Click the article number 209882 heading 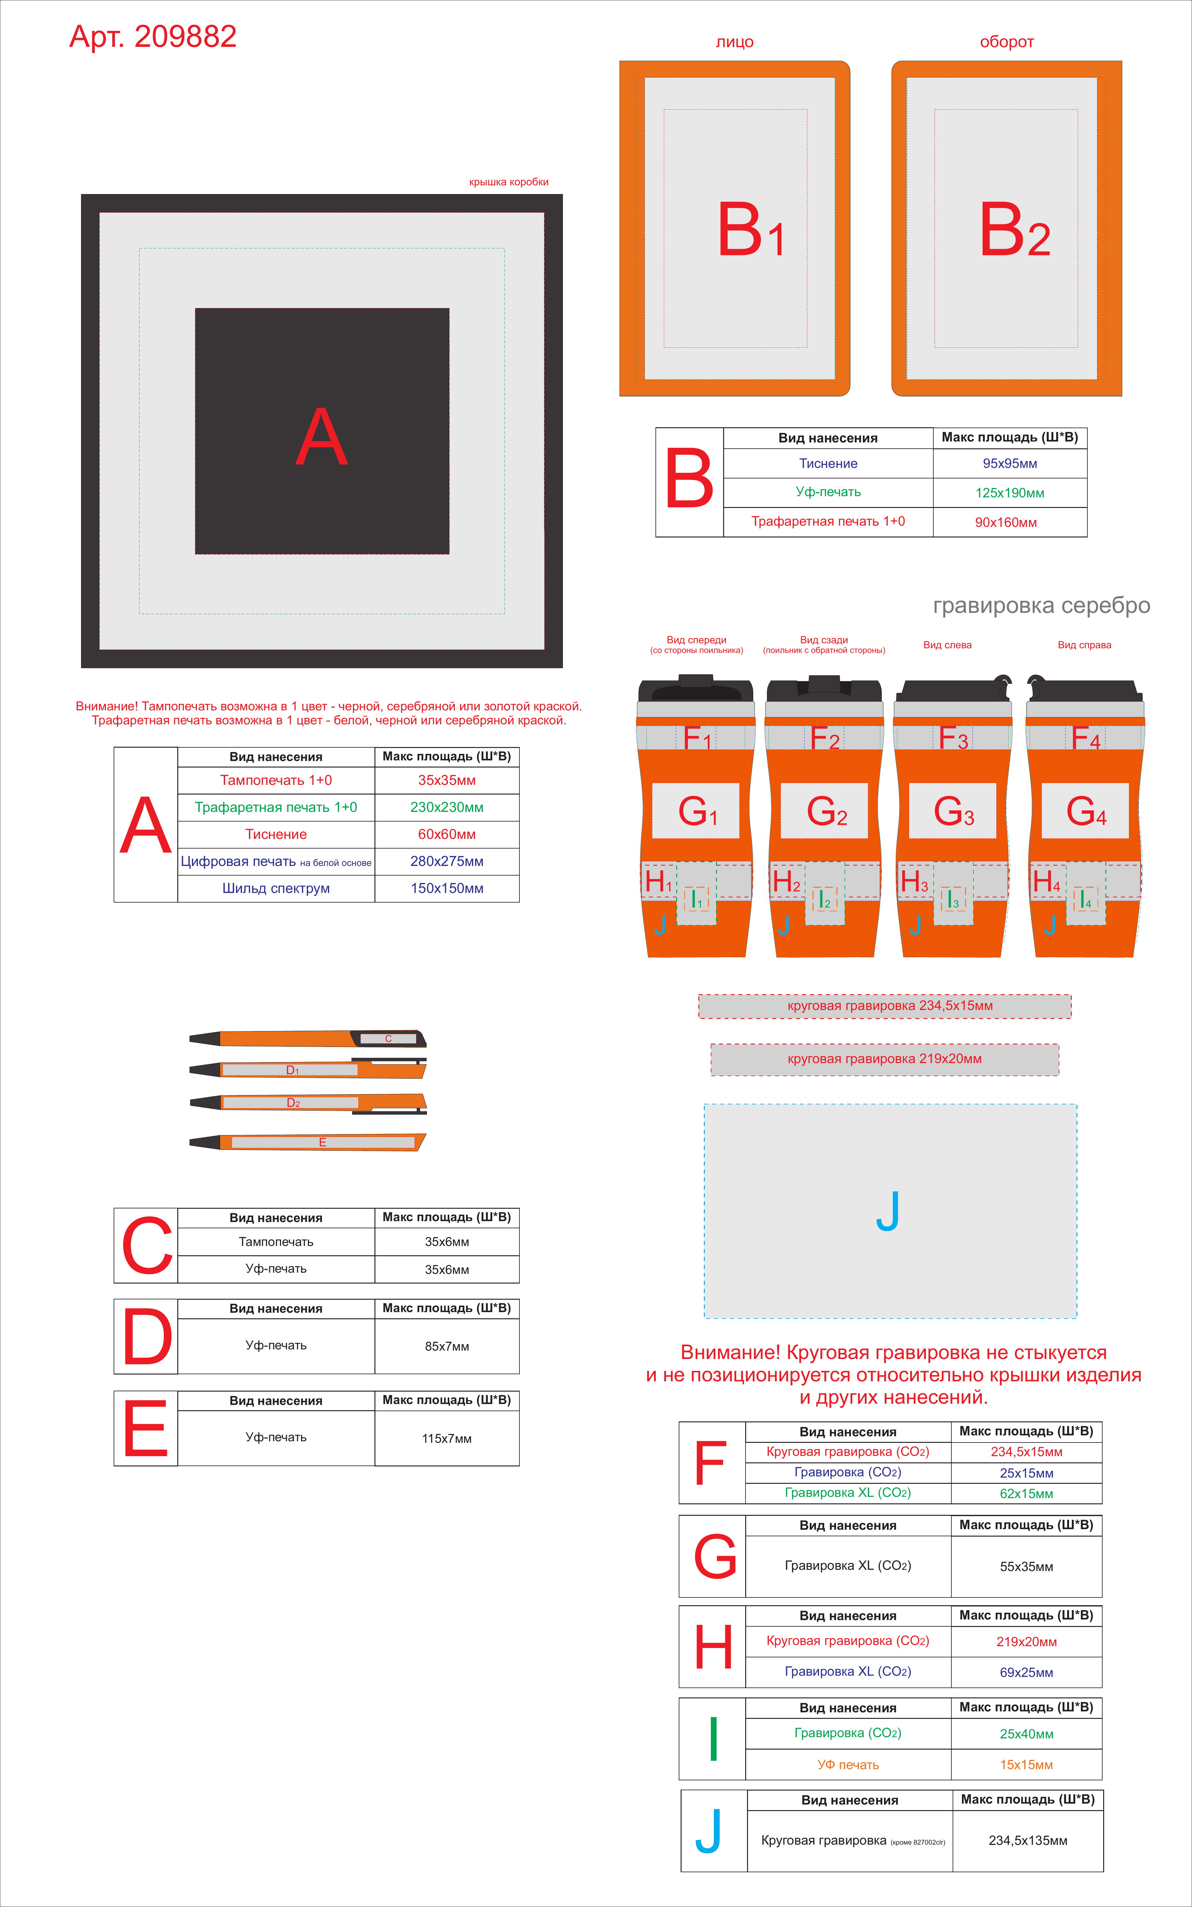click(x=153, y=36)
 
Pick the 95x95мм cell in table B click(x=1010, y=464)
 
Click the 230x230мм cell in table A click(x=447, y=807)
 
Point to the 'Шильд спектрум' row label click(x=276, y=889)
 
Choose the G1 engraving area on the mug click(x=696, y=810)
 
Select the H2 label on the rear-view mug click(x=786, y=881)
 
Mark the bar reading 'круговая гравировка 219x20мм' click(x=885, y=1060)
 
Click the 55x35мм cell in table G click(x=1027, y=1566)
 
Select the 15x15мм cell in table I click(x=1027, y=1764)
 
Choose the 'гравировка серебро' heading click(x=1041, y=605)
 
